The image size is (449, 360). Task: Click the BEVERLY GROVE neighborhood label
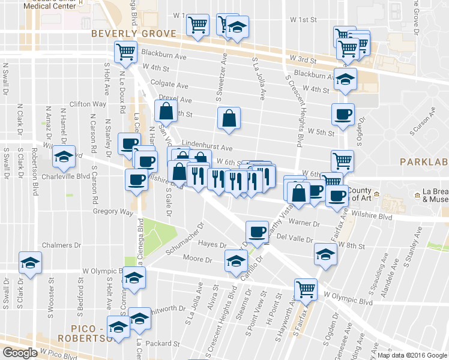point(134,34)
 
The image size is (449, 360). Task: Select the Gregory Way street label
point(113,211)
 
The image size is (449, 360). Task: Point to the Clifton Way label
point(88,104)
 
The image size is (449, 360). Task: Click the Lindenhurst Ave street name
point(209,147)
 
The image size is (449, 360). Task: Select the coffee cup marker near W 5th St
point(343,114)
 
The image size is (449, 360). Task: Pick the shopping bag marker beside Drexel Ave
point(166,111)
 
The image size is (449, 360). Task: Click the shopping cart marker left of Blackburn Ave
point(126,52)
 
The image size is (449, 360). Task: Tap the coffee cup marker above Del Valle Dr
point(258,231)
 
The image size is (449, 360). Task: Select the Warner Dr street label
point(304,223)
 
